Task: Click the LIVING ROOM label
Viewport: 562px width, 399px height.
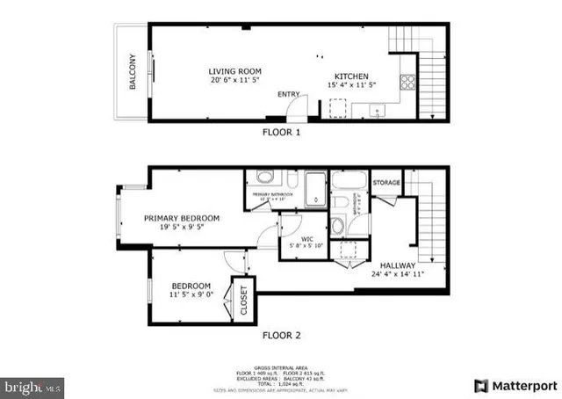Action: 234,71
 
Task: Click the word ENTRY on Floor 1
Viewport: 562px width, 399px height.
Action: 288,94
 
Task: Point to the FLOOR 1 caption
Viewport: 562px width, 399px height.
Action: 282,132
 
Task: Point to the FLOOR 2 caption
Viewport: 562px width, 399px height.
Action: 282,335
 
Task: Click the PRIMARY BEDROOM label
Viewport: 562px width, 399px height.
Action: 182,217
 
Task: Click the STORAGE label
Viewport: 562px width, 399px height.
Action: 386,183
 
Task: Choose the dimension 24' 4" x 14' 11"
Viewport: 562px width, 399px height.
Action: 398,274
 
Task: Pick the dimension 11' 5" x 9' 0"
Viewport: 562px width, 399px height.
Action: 190,296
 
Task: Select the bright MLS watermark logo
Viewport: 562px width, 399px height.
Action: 32,385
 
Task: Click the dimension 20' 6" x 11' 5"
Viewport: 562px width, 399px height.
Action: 234,82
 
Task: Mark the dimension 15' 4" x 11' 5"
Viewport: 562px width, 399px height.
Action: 351,85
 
